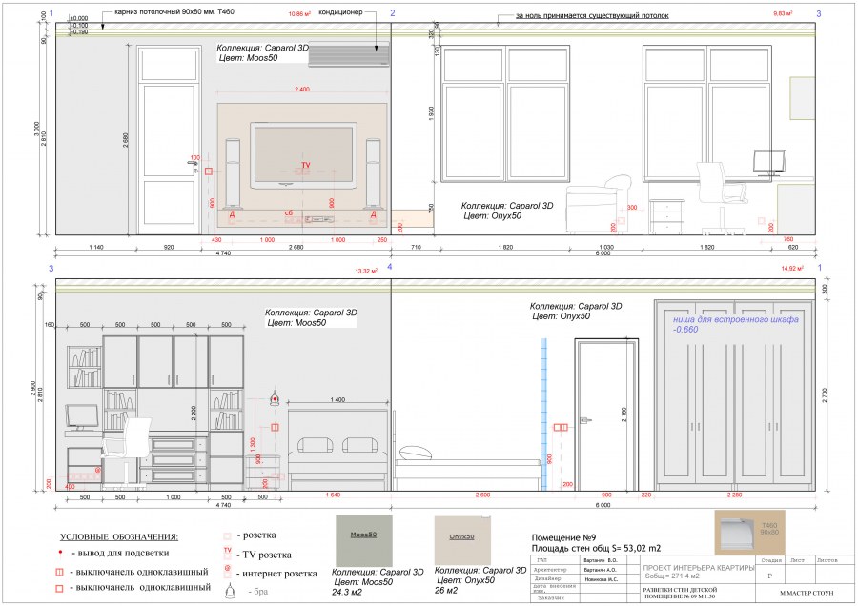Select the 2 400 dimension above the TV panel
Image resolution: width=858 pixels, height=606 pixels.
coord(302,90)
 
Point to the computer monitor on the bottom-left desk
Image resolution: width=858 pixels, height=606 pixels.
coord(82,417)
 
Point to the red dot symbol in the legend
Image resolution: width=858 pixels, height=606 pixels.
coord(60,554)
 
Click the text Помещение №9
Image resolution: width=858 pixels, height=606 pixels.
coord(562,537)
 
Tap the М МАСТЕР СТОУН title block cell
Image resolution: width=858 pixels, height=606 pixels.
coord(793,594)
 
